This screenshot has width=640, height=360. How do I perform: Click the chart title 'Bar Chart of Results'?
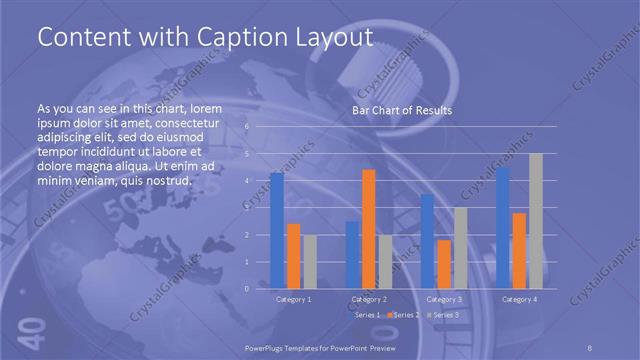pos(401,110)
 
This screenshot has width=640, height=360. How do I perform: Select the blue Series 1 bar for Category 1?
pos(277,230)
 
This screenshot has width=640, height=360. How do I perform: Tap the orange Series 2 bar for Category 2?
pos(368,229)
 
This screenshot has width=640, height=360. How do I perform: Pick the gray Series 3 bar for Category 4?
pos(535,221)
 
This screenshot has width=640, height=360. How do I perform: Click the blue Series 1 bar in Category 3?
pos(427,241)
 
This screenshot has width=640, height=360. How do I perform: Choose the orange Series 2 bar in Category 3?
pos(443,264)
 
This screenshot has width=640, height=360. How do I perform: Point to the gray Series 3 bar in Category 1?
pos(309,261)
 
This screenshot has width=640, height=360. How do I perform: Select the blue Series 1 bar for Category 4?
pos(503,228)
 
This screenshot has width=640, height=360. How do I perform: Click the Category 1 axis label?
pos(293,299)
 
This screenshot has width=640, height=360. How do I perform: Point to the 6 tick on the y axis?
pos(247,127)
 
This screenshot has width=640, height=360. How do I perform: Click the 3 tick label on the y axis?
pos(247,208)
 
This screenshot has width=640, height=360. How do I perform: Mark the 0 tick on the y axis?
pos(247,288)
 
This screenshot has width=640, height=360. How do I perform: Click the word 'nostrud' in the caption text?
pos(166,180)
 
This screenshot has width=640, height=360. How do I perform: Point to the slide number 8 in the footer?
pos(590,346)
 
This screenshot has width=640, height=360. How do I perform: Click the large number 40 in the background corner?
pos(29,328)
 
